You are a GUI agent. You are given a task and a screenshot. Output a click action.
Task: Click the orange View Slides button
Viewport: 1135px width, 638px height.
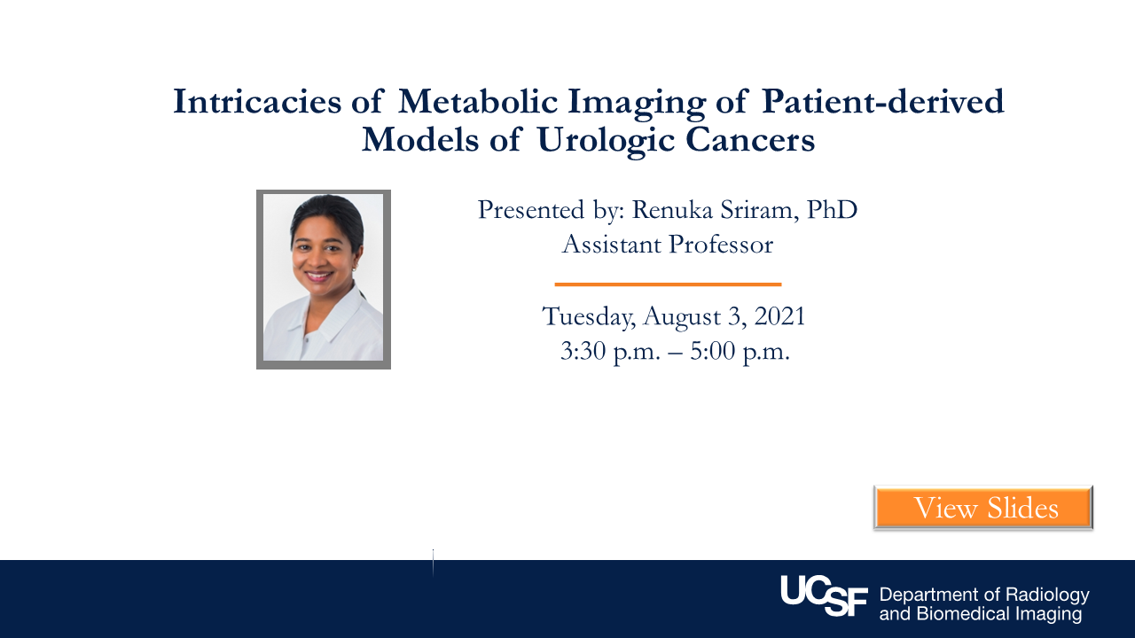[983, 508]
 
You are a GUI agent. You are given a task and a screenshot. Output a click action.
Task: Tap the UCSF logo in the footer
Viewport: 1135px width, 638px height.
[824, 595]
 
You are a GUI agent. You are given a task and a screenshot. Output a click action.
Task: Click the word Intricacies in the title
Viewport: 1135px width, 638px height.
[257, 101]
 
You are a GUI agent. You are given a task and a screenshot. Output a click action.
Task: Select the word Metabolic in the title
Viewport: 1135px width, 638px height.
[478, 101]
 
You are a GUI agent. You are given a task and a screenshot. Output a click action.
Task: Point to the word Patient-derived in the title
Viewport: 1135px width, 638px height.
[882, 101]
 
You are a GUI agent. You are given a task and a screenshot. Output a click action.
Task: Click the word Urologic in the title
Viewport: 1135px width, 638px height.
[606, 140]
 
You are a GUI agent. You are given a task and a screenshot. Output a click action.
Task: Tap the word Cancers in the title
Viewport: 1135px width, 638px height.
[750, 140]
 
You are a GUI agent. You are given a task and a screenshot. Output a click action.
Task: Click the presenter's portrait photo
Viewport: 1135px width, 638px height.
[324, 279]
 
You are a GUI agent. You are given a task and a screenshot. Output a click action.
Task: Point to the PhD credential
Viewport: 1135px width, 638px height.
[832, 210]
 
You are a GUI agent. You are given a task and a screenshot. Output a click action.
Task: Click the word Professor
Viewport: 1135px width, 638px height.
[721, 245]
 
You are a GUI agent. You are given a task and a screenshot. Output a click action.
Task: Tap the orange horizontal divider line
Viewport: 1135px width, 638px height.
[668, 284]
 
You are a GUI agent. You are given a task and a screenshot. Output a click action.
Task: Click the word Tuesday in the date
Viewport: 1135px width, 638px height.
[588, 316]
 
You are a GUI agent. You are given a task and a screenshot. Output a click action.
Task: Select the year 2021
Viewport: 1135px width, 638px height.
[779, 316]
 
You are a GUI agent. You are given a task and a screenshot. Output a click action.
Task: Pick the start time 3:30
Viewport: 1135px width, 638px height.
[583, 351]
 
